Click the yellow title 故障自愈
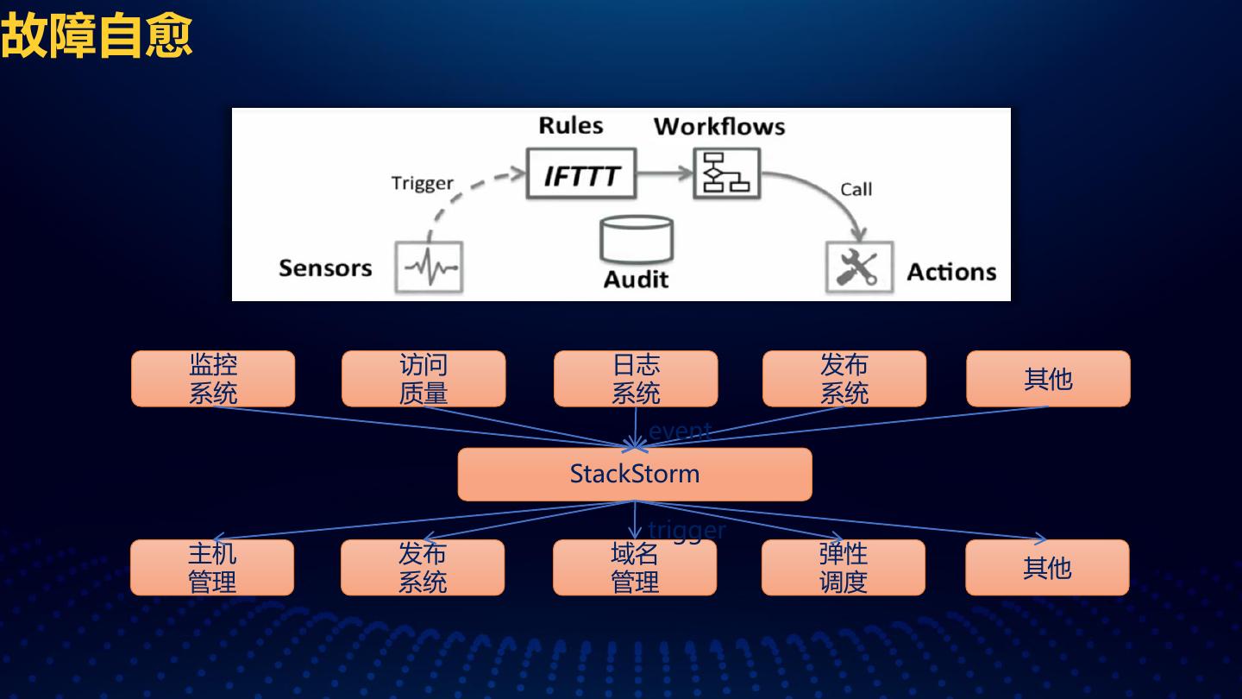tap(96, 35)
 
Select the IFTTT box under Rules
tap(581, 176)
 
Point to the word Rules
tap(570, 126)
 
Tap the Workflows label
tap(719, 127)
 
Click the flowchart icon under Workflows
tap(726, 174)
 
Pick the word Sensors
tap(325, 268)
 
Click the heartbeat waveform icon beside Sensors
tap(429, 268)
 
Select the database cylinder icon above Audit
tap(637, 239)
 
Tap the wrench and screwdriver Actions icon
tap(858, 268)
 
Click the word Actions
tap(951, 273)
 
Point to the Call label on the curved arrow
tap(856, 190)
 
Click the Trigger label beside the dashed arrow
tap(422, 183)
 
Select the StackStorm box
tap(635, 474)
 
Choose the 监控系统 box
tap(213, 379)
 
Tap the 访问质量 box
tap(423, 379)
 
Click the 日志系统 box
tap(636, 379)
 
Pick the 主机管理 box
tap(212, 568)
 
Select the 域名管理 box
tap(635, 568)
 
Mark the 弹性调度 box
tap(843, 568)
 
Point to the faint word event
tap(680, 431)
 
